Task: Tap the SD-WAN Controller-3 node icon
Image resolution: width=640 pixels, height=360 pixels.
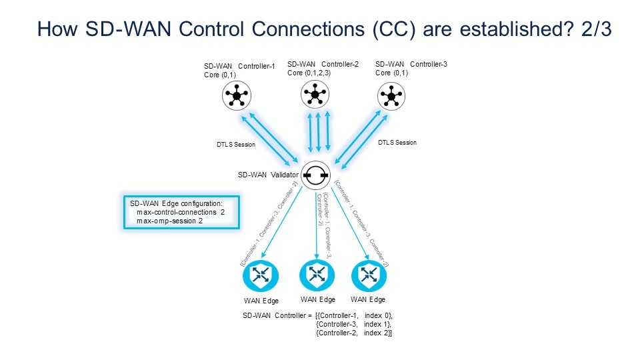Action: [x=391, y=97]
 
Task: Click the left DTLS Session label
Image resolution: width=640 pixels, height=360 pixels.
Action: [x=231, y=144]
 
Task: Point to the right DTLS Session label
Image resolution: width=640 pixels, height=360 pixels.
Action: [x=397, y=143]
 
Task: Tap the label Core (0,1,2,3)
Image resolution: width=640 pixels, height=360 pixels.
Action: [x=309, y=73]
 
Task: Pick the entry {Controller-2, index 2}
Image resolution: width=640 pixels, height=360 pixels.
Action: [x=354, y=332]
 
